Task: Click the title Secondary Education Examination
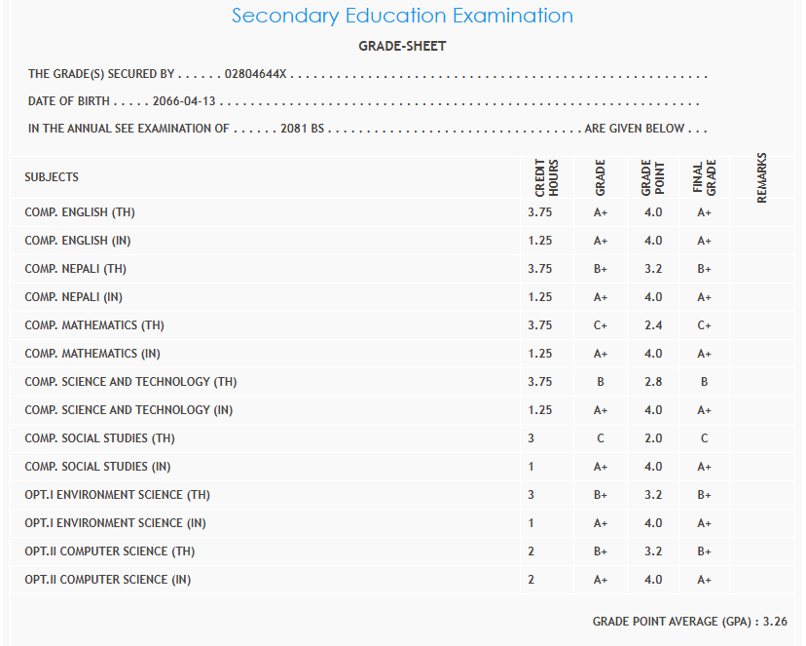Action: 402,16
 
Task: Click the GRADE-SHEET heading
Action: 402,46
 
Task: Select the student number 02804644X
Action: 257,74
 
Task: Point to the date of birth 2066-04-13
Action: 184,101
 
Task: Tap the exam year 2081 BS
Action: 302,129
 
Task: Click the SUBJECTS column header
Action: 52,177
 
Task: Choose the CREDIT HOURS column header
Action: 547,177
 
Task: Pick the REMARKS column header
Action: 762,177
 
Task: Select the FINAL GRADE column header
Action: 705,177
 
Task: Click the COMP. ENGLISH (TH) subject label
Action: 80,212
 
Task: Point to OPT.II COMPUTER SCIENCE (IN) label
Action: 108,580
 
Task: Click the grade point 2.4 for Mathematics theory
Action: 653,325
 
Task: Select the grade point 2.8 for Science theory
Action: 653,382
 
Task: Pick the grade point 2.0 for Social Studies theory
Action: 653,438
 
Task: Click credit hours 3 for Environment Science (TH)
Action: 531,495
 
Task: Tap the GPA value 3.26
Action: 775,621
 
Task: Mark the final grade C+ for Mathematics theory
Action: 705,325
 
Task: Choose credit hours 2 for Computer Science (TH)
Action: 531,551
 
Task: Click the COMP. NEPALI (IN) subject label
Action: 74,297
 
